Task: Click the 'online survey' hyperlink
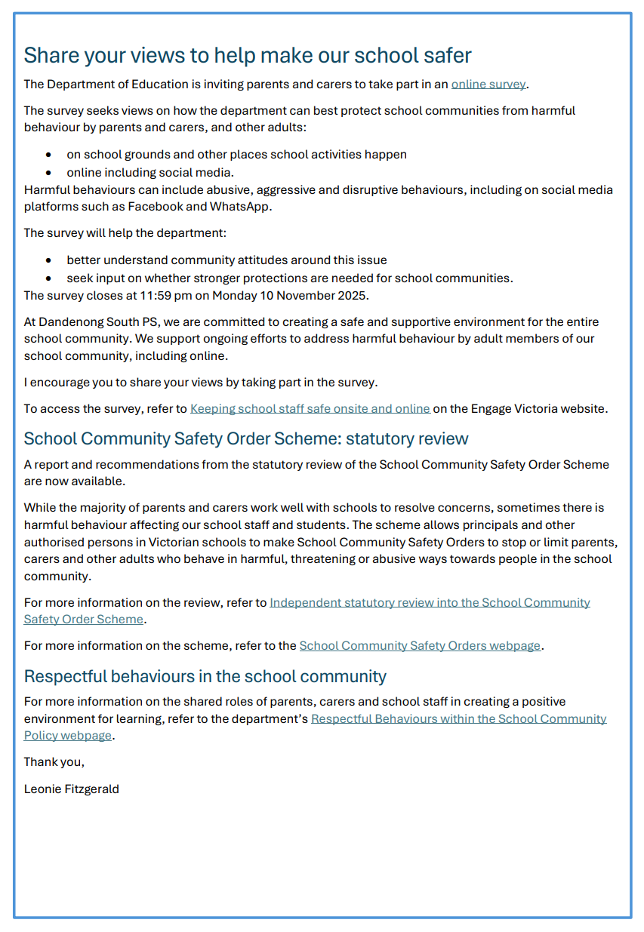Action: pyautogui.click(x=488, y=84)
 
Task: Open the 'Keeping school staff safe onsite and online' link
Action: pyautogui.click(x=310, y=408)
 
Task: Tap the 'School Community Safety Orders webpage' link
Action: pyautogui.click(x=420, y=645)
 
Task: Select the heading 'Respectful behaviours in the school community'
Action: pyautogui.click(x=205, y=675)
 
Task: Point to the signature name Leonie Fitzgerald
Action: pyautogui.click(x=71, y=789)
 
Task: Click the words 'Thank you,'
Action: pyautogui.click(x=54, y=761)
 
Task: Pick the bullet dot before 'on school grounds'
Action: pyautogui.click(x=48, y=155)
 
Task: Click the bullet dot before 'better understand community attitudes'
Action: pyautogui.click(x=48, y=260)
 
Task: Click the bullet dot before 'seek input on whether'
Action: pyautogui.click(x=48, y=278)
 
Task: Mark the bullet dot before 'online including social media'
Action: pyautogui.click(x=48, y=173)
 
